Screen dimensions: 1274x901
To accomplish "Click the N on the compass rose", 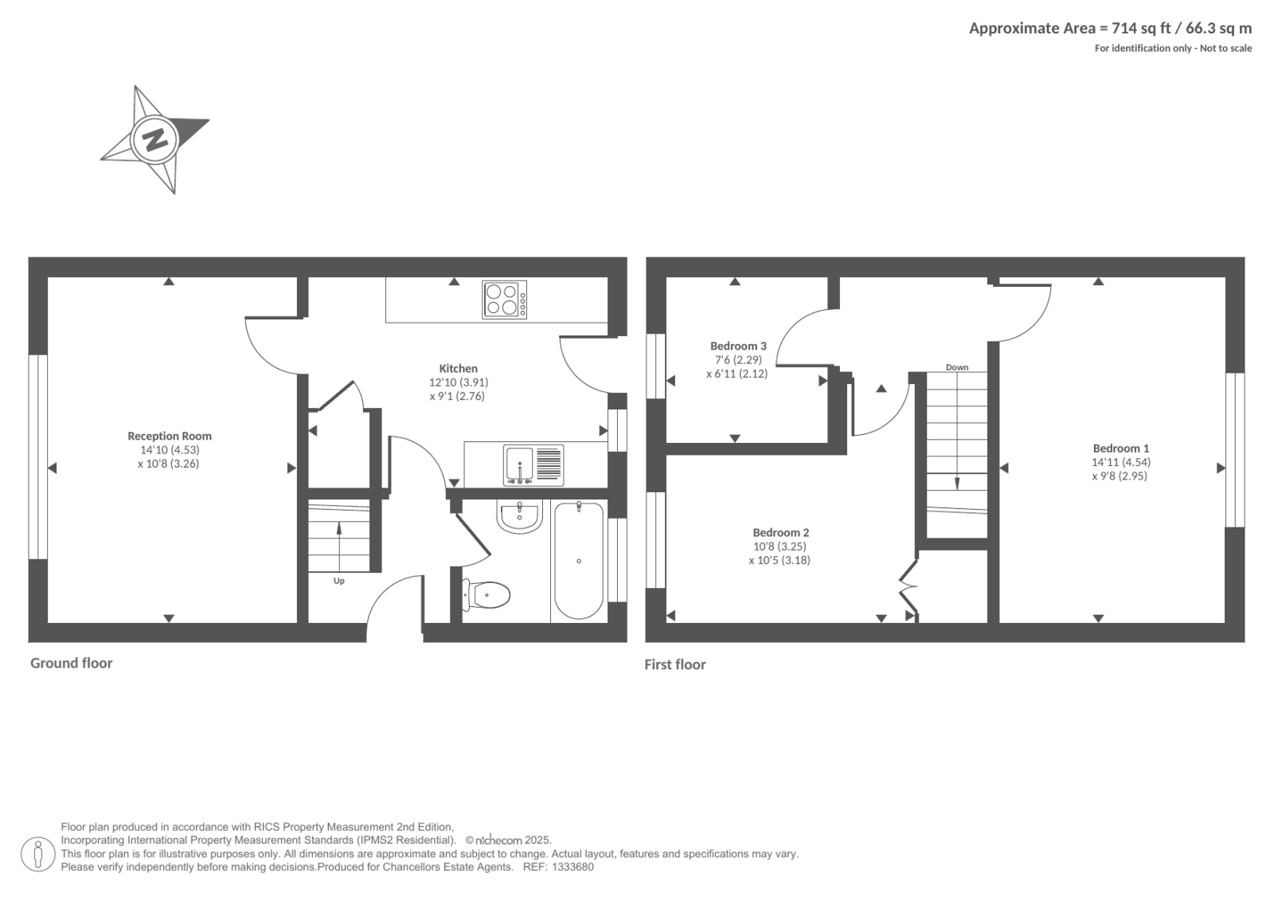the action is [x=154, y=139].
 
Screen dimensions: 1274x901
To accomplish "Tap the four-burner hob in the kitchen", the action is [x=504, y=300].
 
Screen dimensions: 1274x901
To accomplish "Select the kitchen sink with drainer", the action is [x=533, y=465].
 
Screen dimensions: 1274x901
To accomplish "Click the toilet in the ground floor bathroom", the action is [x=487, y=595].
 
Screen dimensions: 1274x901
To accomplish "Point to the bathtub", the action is [x=578, y=561].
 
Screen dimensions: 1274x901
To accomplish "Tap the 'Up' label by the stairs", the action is [x=339, y=581].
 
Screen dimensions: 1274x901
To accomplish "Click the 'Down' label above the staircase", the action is [x=956, y=368].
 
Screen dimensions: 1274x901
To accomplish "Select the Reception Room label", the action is [x=170, y=436].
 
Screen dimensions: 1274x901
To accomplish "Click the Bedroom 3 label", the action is [x=738, y=346].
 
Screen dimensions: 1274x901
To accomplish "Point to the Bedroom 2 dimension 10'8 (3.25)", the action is [x=780, y=546].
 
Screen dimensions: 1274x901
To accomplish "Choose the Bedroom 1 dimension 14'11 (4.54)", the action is [x=1121, y=462].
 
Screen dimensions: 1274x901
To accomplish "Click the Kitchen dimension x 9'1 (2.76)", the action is [x=457, y=396].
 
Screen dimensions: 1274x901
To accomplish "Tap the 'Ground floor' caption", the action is [x=71, y=663].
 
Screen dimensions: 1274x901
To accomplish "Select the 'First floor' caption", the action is [x=675, y=664].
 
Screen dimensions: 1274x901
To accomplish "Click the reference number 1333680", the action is [x=573, y=867].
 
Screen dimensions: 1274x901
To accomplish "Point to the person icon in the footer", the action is [x=38, y=854].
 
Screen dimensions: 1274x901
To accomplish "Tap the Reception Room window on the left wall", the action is [x=38, y=457].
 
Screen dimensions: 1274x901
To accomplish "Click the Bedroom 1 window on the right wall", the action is [x=1235, y=449].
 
